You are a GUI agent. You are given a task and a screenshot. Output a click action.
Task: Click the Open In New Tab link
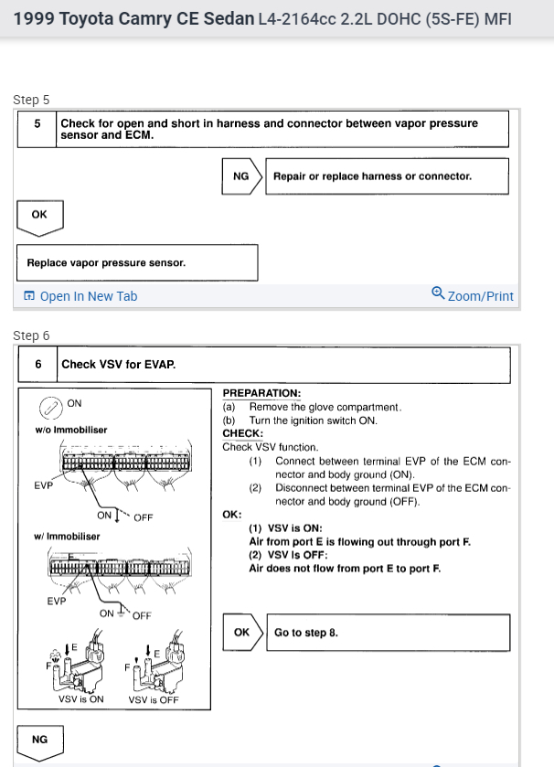(81, 296)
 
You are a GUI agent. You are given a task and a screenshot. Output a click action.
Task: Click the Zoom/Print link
(473, 296)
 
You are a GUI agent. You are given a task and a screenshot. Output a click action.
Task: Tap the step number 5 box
(37, 128)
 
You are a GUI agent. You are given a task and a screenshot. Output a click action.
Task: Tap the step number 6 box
(37, 364)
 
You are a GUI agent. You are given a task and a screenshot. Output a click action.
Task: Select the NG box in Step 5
(241, 176)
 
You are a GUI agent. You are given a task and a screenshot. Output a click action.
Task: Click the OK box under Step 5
(39, 215)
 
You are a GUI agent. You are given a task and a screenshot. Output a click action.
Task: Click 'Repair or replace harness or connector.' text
(372, 176)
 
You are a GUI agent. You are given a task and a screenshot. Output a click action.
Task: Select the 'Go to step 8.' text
(306, 632)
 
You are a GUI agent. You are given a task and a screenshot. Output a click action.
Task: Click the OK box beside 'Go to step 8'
(242, 632)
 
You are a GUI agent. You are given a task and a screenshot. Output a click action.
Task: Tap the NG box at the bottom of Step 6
(39, 739)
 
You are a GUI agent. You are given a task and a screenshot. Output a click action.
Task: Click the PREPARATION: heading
(261, 393)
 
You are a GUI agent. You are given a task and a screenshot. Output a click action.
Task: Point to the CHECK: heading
(243, 433)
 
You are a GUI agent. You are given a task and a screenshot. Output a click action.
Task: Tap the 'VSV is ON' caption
(81, 699)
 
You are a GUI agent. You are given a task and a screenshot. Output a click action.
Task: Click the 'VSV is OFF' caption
(154, 700)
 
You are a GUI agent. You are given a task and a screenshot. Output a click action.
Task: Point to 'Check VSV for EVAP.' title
(119, 364)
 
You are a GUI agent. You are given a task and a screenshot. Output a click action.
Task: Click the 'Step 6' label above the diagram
(31, 336)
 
